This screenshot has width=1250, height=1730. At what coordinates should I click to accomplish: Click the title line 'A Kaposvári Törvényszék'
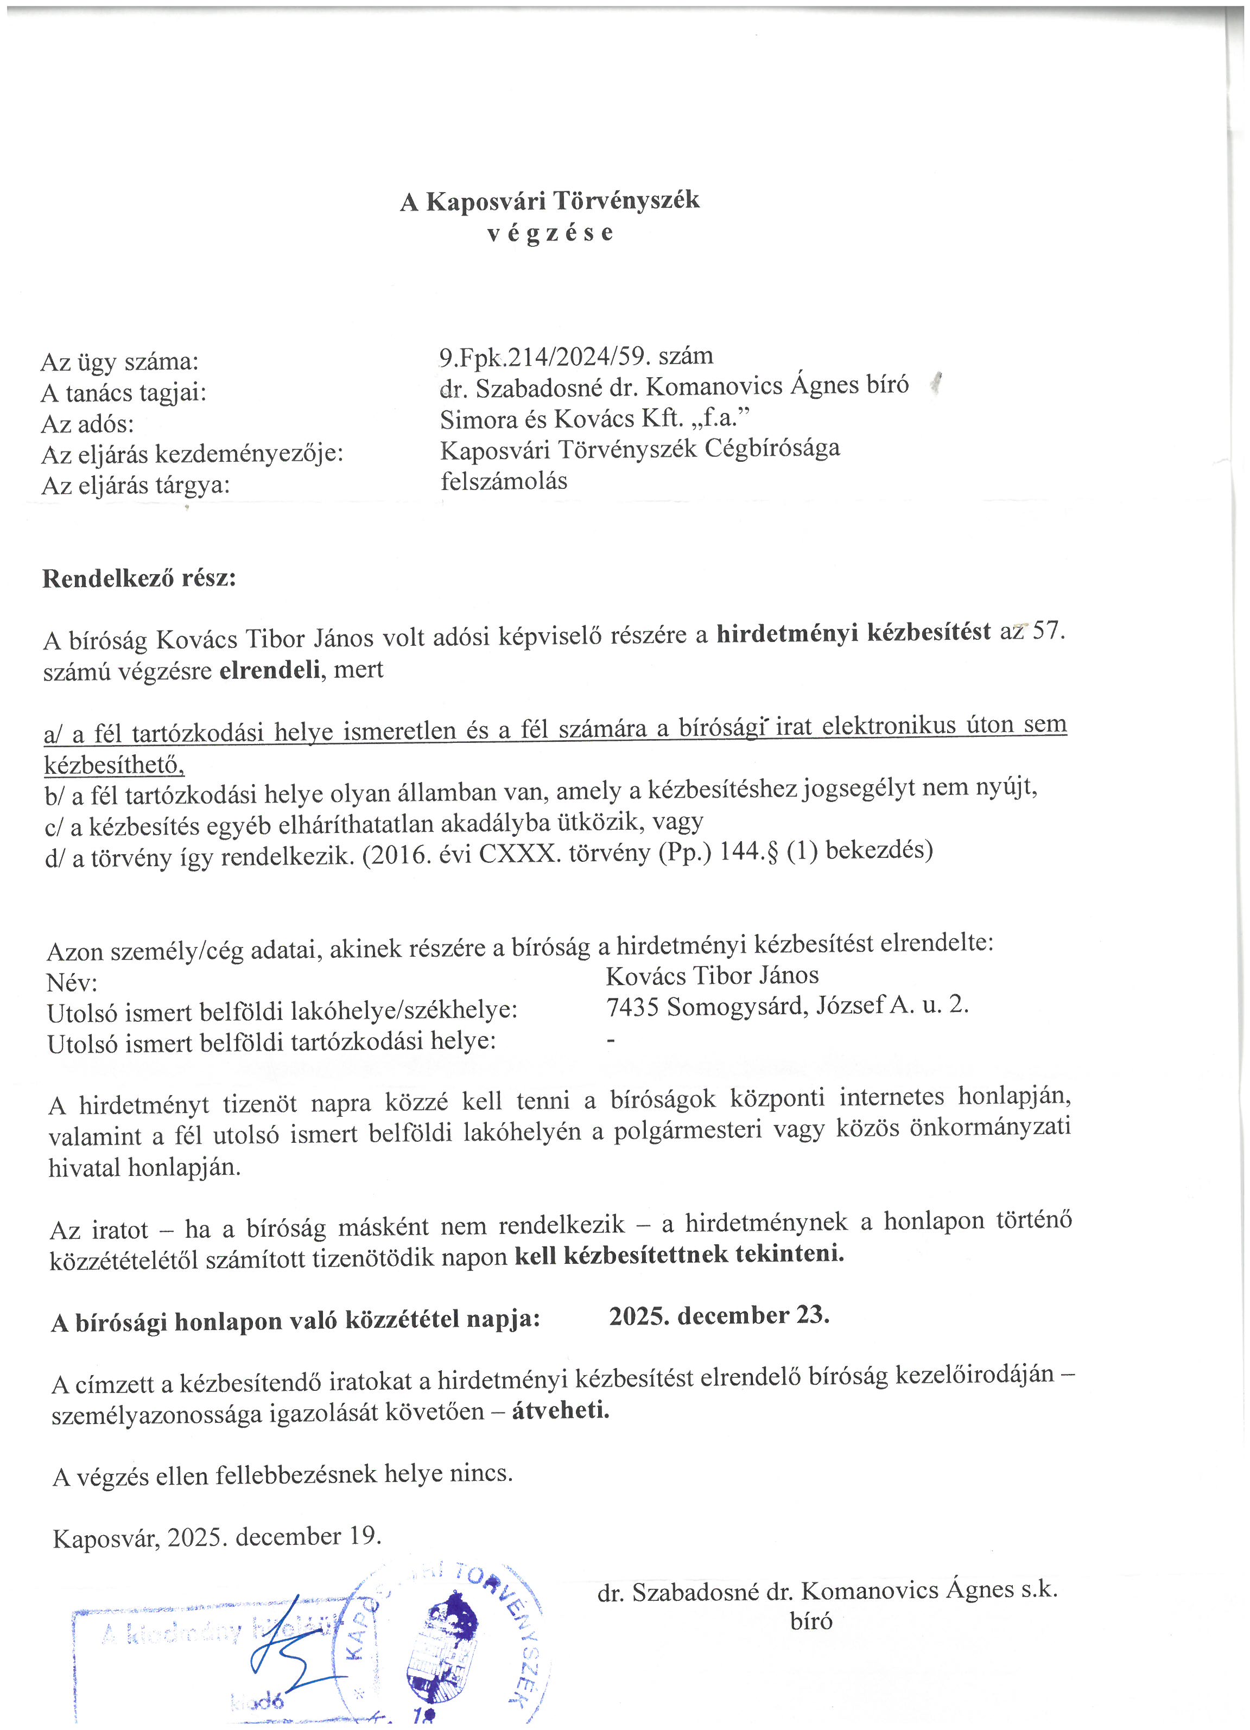[x=549, y=201]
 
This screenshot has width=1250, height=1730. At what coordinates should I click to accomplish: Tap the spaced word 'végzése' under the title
[x=549, y=233]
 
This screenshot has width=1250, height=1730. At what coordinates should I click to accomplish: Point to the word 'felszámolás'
[x=504, y=481]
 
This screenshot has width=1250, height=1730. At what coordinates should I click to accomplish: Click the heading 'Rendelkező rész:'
[x=139, y=578]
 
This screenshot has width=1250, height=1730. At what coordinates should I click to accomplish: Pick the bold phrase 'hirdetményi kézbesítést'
[x=853, y=632]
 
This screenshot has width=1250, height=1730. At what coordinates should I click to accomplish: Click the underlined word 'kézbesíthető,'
[x=115, y=764]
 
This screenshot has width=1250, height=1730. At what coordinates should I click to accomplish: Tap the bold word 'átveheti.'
[x=561, y=1410]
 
